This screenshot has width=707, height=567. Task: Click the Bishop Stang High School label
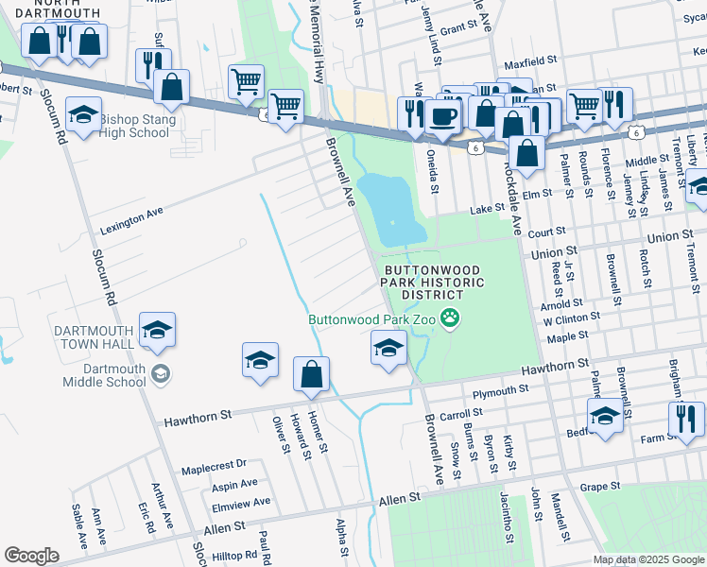134,126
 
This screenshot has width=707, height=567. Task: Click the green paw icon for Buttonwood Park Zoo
451,320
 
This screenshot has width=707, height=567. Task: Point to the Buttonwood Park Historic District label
434,283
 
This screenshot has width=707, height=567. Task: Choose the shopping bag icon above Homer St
311,375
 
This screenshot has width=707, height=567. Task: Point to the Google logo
31,556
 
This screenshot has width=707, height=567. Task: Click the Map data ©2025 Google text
648,559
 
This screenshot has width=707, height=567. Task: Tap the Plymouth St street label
500,391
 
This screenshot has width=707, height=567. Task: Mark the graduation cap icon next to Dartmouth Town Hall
158,329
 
